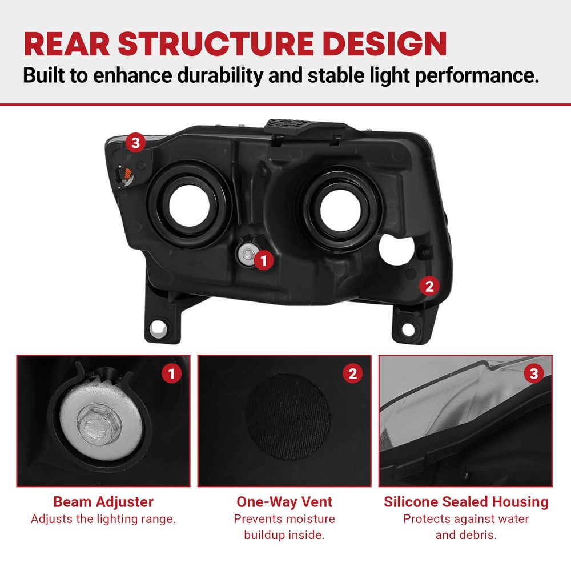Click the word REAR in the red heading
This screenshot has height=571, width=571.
(x=67, y=44)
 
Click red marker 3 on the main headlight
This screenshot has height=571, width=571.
(x=135, y=142)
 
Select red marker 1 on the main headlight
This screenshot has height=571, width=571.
(x=264, y=260)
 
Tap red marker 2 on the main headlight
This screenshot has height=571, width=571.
(x=429, y=286)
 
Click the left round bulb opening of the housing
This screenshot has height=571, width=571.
(x=190, y=205)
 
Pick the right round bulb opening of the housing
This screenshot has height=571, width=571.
(x=341, y=210)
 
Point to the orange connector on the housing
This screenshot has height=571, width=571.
(x=128, y=174)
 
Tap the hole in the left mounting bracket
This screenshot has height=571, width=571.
(x=159, y=329)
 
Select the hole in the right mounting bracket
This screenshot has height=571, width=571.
(x=409, y=329)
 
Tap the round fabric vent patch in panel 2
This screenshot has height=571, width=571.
(x=288, y=416)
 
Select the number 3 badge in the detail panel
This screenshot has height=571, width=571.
(x=534, y=373)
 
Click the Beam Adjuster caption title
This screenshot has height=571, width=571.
(x=103, y=502)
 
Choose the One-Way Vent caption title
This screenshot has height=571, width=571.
(x=284, y=502)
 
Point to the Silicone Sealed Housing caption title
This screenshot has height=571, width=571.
(x=466, y=502)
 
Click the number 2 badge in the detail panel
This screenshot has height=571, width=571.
(x=352, y=373)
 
